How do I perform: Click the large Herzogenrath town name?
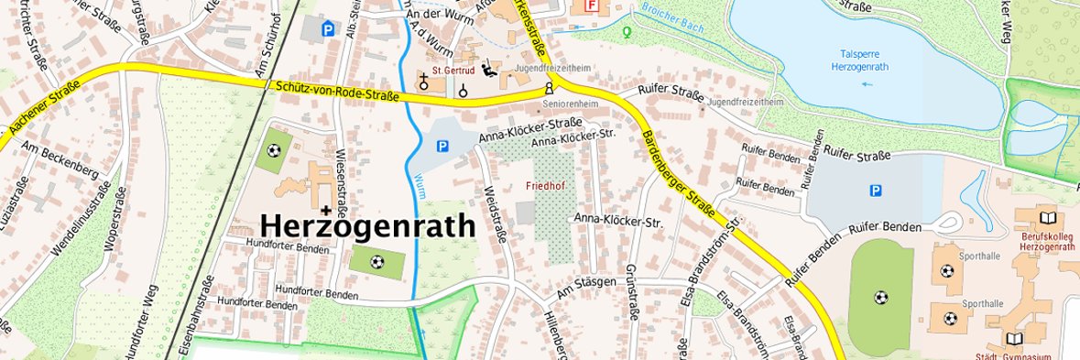pos(368,225)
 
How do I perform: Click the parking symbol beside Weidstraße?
pos(443,146)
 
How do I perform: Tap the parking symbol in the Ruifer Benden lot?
pos(876,191)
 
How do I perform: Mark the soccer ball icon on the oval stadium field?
pos(880,298)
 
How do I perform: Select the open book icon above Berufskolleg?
pos(1048,218)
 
